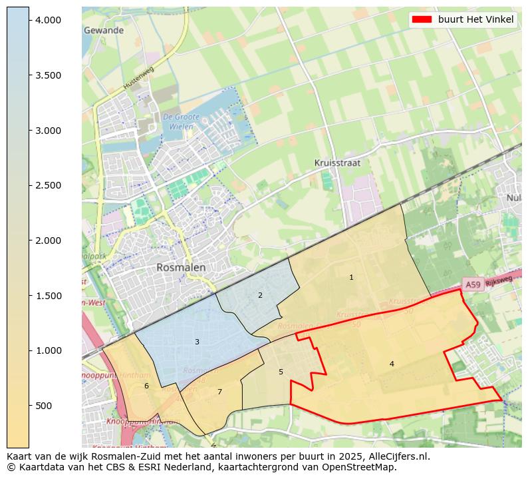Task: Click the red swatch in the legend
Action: (422, 19)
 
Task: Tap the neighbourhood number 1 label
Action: (351, 277)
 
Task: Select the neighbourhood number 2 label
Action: (260, 295)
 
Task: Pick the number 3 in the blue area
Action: (197, 342)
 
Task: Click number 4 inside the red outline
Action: (392, 364)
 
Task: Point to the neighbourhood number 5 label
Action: (281, 372)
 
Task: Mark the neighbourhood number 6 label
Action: (146, 386)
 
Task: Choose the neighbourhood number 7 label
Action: (219, 392)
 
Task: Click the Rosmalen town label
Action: (181, 267)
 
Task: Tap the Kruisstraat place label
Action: (338, 163)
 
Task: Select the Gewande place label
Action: (104, 31)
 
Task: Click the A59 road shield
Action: (472, 284)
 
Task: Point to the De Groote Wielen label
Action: (178, 121)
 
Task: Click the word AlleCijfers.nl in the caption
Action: (396, 457)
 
